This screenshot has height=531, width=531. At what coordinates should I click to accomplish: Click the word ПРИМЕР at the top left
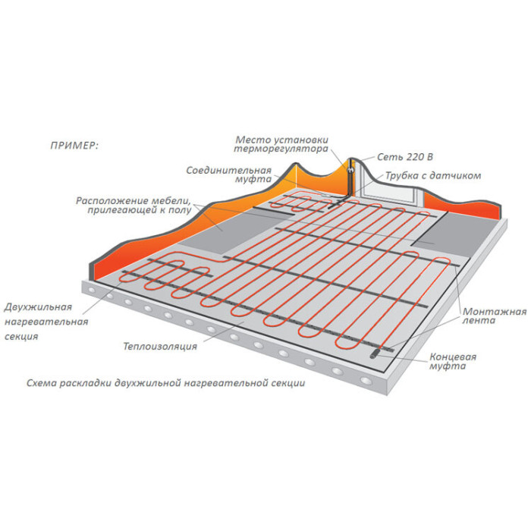(74, 146)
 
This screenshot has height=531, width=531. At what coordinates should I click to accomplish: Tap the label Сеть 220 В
(405, 157)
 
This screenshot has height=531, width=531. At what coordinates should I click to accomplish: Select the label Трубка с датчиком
(433, 176)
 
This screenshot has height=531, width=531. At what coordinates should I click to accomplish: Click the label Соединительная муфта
(229, 174)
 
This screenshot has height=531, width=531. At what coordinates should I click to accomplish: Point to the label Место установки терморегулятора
(281, 144)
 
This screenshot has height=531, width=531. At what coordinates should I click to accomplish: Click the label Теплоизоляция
(160, 347)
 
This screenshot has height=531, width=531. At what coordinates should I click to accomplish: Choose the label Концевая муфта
(453, 361)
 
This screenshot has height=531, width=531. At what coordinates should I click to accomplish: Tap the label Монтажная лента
(495, 316)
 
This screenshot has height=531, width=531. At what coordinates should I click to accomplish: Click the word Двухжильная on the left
(38, 307)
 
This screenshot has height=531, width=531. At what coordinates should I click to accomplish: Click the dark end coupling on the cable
(375, 354)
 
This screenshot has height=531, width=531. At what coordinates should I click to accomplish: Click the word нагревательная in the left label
(46, 322)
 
